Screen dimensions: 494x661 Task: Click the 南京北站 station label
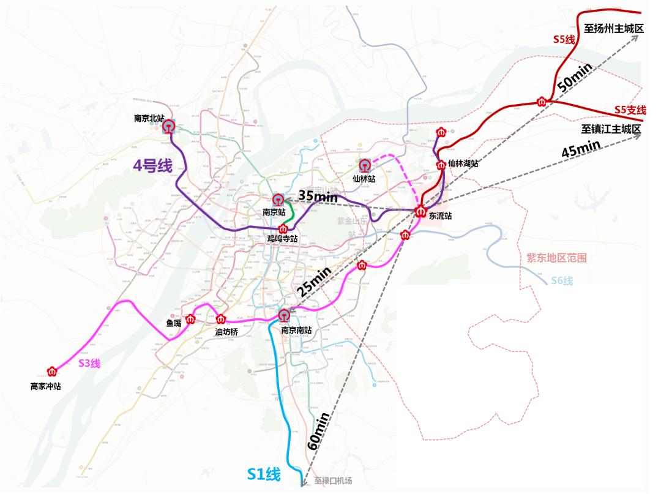(x=149, y=118)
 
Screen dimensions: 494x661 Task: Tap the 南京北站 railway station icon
(x=168, y=127)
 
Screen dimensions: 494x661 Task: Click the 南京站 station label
(x=274, y=212)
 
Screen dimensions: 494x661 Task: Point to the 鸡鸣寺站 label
(x=282, y=239)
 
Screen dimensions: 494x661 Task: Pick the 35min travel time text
(x=318, y=196)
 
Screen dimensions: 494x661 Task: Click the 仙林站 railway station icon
(x=365, y=165)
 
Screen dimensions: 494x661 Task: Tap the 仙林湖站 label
(x=463, y=163)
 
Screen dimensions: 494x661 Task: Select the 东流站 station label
(x=439, y=215)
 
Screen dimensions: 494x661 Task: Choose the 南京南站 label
(x=296, y=329)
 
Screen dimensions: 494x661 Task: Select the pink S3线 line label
(x=89, y=363)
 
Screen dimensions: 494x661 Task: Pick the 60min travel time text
(x=319, y=431)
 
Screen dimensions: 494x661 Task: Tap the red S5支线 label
(x=630, y=110)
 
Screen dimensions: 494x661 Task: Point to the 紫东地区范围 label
(x=556, y=258)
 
